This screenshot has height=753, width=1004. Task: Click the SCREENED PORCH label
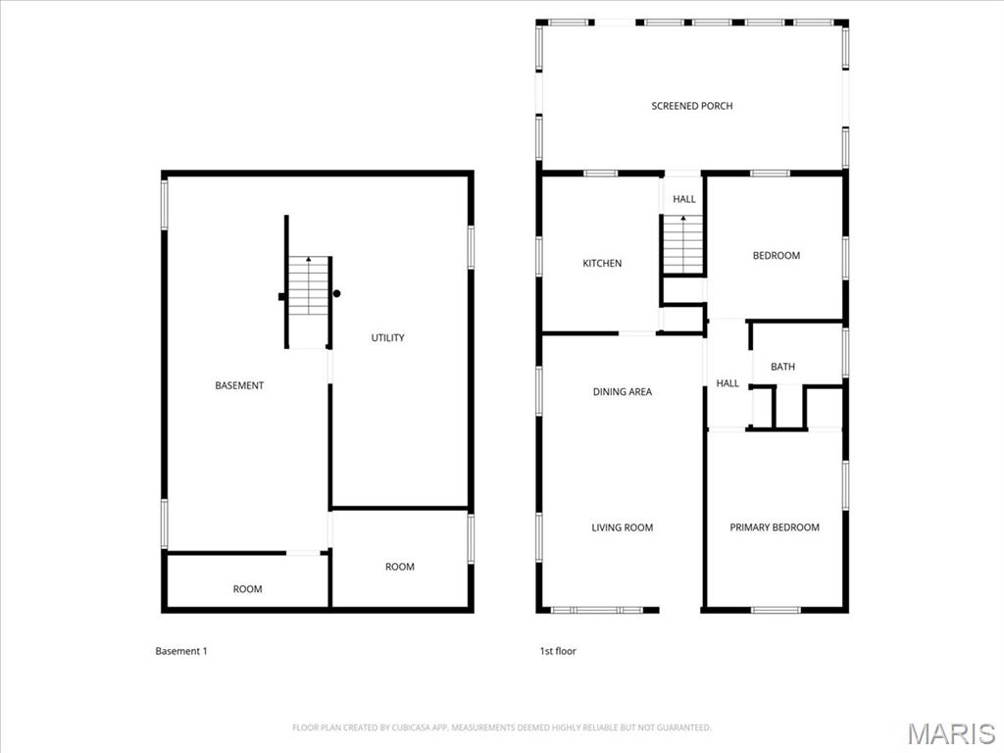(691, 106)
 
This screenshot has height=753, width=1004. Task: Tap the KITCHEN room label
(602, 264)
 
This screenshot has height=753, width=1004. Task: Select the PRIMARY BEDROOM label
(774, 527)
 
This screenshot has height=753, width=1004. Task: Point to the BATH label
(782, 367)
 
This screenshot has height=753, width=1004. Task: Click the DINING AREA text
(622, 392)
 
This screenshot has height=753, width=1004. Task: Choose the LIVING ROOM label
(622, 527)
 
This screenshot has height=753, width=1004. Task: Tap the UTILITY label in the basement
(387, 338)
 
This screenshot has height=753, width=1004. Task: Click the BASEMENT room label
(239, 386)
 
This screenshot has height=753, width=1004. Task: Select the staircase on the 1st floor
(683, 244)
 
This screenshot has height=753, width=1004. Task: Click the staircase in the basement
(308, 285)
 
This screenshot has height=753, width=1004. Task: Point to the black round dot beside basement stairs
(336, 293)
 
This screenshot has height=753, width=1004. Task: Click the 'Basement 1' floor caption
(181, 651)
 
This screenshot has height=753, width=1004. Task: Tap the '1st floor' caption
(558, 651)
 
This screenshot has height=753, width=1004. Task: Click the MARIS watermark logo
(950, 733)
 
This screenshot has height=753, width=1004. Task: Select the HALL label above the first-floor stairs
(683, 199)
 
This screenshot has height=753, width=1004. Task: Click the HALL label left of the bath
(727, 383)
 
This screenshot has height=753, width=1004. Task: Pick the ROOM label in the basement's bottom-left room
(247, 589)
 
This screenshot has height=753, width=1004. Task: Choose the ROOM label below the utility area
(399, 567)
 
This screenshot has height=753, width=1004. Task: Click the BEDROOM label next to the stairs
(776, 256)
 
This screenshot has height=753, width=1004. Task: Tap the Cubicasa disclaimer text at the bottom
(501, 728)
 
